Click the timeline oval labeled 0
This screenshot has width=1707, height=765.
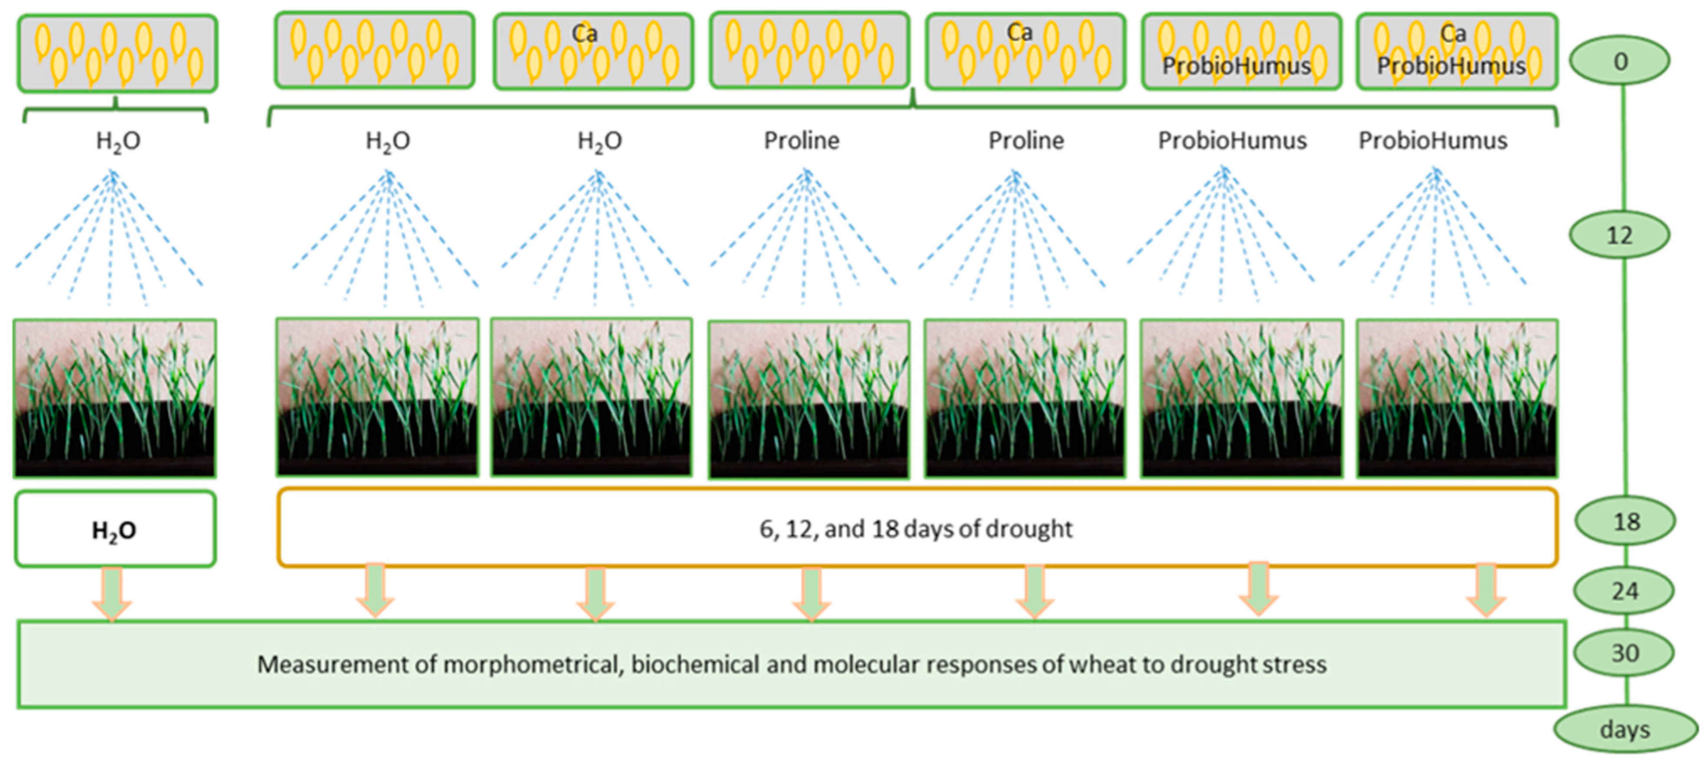point(1620,61)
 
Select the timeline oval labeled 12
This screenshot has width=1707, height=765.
point(1620,235)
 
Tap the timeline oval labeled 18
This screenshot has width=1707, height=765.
point(1625,522)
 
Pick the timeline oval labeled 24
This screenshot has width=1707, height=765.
point(1625,590)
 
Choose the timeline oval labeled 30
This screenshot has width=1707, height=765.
point(1625,653)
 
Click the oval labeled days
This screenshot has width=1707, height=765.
point(1625,729)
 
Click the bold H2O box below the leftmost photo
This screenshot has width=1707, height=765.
point(115,529)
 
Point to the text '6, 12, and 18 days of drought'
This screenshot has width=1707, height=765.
point(916,528)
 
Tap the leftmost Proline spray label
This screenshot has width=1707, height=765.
point(801,140)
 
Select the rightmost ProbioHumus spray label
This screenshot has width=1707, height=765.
point(1433,140)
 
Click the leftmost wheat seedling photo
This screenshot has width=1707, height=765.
point(115,398)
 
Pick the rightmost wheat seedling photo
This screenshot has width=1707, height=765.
point(1457,398)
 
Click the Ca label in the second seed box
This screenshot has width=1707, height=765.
point(584,33)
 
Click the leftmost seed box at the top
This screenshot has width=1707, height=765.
point(117,53)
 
